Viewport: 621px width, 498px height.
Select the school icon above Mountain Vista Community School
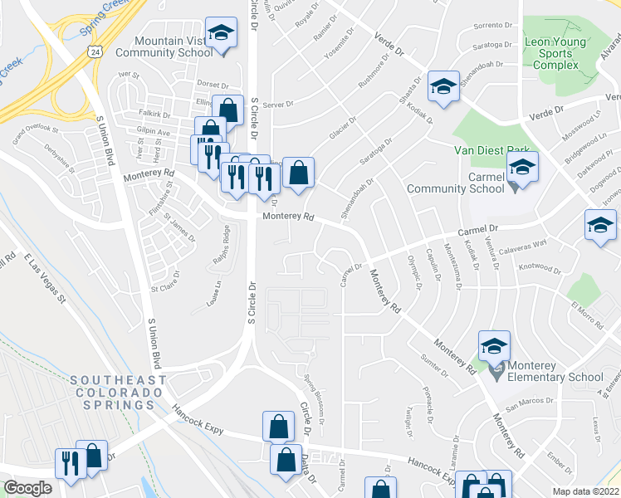coord(220,34)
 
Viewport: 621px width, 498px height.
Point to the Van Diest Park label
coord(486,151)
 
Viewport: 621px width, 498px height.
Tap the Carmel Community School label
coord(456,183)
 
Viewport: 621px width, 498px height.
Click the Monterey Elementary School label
coord(550,370)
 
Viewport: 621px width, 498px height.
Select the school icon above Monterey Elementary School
coord(494,345)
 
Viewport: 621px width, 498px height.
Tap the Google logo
coord(28,488)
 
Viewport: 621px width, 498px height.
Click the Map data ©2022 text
coord(585,491)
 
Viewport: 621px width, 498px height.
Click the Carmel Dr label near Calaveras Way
coord(479,229)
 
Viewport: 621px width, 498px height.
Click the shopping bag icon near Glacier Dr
coord(298,173)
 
